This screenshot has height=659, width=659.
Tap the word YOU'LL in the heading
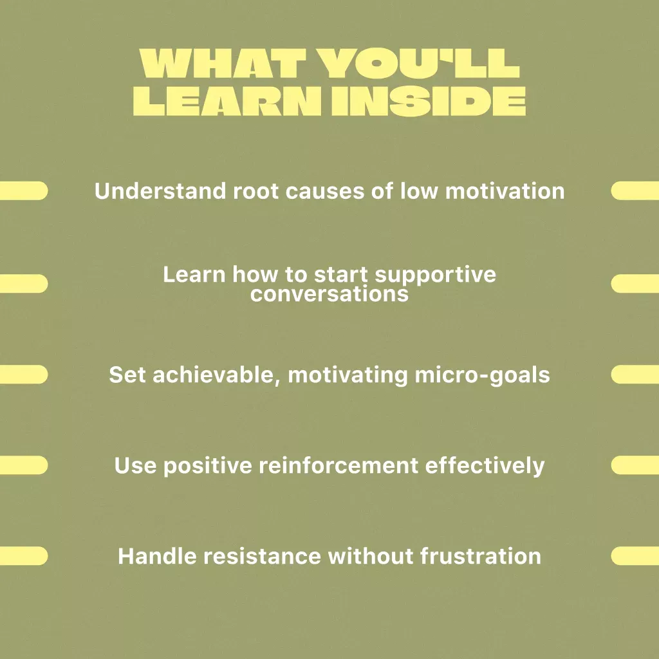(x=418, y=64)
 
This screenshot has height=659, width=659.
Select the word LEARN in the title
(x=227, y=101)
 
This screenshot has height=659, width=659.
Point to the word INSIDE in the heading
(x=428, y=101)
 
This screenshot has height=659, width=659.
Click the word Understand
(x=160, y=190)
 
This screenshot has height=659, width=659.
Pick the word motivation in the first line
(x=505, y=190)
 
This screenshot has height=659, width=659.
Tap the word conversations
(x=329, y=293)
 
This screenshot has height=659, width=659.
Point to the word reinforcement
(x=339, y=465)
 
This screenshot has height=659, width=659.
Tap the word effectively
(x=485, y=466)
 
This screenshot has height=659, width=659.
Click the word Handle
(x=157, y=556)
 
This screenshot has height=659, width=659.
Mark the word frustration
(x=480, y=556)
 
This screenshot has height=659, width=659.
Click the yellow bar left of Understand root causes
(x=24, y=190)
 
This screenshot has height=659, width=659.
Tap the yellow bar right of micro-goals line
(x=635, y=375)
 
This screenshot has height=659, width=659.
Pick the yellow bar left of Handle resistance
(x=24, y=556)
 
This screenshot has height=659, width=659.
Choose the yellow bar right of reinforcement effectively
(x=635, y=465)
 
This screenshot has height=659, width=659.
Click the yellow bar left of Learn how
(x=24, y=284)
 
